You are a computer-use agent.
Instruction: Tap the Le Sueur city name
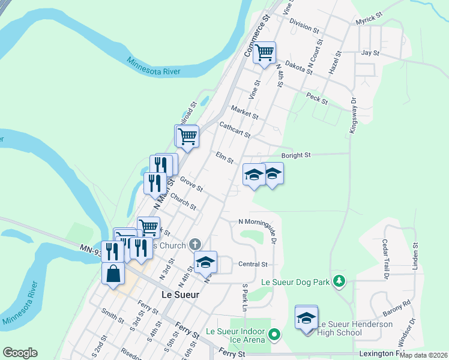coord(181,295)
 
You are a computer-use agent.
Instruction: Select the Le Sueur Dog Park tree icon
coord(339,280)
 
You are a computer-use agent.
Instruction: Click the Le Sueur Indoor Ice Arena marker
coord(275,334)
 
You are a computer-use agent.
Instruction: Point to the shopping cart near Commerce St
coord(264,53)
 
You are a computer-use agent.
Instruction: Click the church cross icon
coord(194,244)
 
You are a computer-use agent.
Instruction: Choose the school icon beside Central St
coord(205,262)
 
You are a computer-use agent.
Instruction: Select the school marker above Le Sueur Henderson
coord(306,317)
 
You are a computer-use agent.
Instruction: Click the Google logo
coord(20,353)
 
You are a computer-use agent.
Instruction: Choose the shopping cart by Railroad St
coord(187,136)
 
